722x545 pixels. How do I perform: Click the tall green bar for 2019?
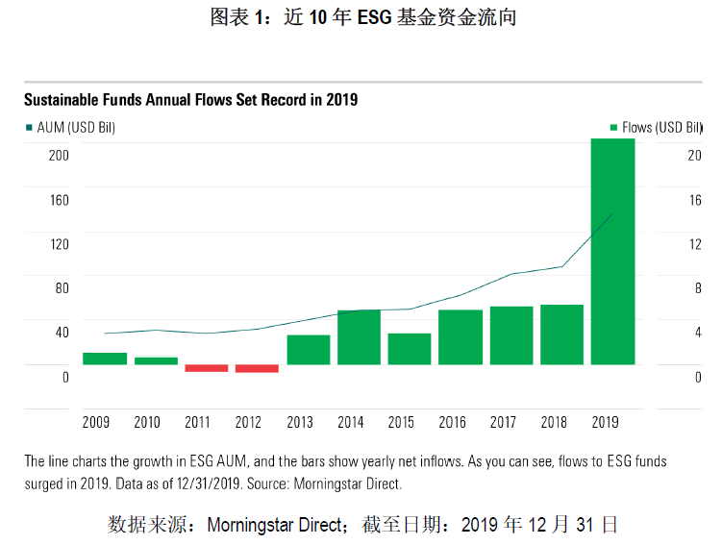click(612, 252)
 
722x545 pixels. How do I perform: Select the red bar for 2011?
click(206, 368)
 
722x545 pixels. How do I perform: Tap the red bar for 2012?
click(257, 368)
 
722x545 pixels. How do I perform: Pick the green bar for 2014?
click(359, 337)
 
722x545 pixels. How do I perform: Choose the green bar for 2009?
click(105, 359)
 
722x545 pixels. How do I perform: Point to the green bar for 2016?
click(461, 337)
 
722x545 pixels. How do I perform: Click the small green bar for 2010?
click(156, 360)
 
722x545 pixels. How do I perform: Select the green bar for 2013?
click(308, 350)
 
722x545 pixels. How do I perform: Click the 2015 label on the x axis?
click(402, 422)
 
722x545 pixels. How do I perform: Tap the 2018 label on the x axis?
click(554, 422)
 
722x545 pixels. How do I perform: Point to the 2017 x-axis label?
click(503, 422)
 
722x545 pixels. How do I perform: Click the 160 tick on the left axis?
click(59, 200)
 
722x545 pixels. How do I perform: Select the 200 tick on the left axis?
click(59, 156)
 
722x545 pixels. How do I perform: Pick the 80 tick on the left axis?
click(62, 288)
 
